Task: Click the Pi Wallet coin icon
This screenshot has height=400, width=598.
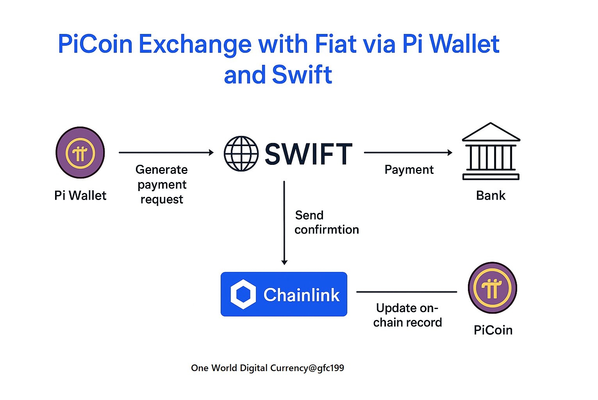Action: point(80,153)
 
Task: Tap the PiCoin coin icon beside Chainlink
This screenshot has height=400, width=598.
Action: point(492,288)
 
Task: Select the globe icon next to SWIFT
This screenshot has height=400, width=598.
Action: point(241,154)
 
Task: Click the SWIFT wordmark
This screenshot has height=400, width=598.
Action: point(309,154)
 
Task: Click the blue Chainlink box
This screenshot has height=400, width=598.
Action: point(284,294)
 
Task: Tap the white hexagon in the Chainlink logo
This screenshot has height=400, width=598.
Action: point(243,295)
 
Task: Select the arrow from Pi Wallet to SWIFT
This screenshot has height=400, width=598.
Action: point(166,152)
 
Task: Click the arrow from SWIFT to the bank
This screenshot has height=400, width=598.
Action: point(408,152)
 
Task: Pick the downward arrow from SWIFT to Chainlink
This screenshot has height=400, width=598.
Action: point(284,223)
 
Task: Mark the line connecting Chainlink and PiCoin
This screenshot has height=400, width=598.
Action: point(406,292)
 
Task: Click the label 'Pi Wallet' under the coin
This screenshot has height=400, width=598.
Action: point(80,195)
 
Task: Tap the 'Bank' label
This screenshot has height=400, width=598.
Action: point(491,195)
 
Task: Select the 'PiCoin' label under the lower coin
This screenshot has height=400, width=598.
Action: point(493,330)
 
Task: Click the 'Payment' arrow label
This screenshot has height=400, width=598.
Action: point(409,170)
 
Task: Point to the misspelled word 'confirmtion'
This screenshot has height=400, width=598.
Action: point(327,230)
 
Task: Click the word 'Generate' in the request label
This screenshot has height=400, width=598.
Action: point(161,170)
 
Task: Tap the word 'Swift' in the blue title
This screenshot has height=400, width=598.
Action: point(302,75)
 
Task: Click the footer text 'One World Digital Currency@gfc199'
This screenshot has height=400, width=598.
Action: point(268,368)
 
